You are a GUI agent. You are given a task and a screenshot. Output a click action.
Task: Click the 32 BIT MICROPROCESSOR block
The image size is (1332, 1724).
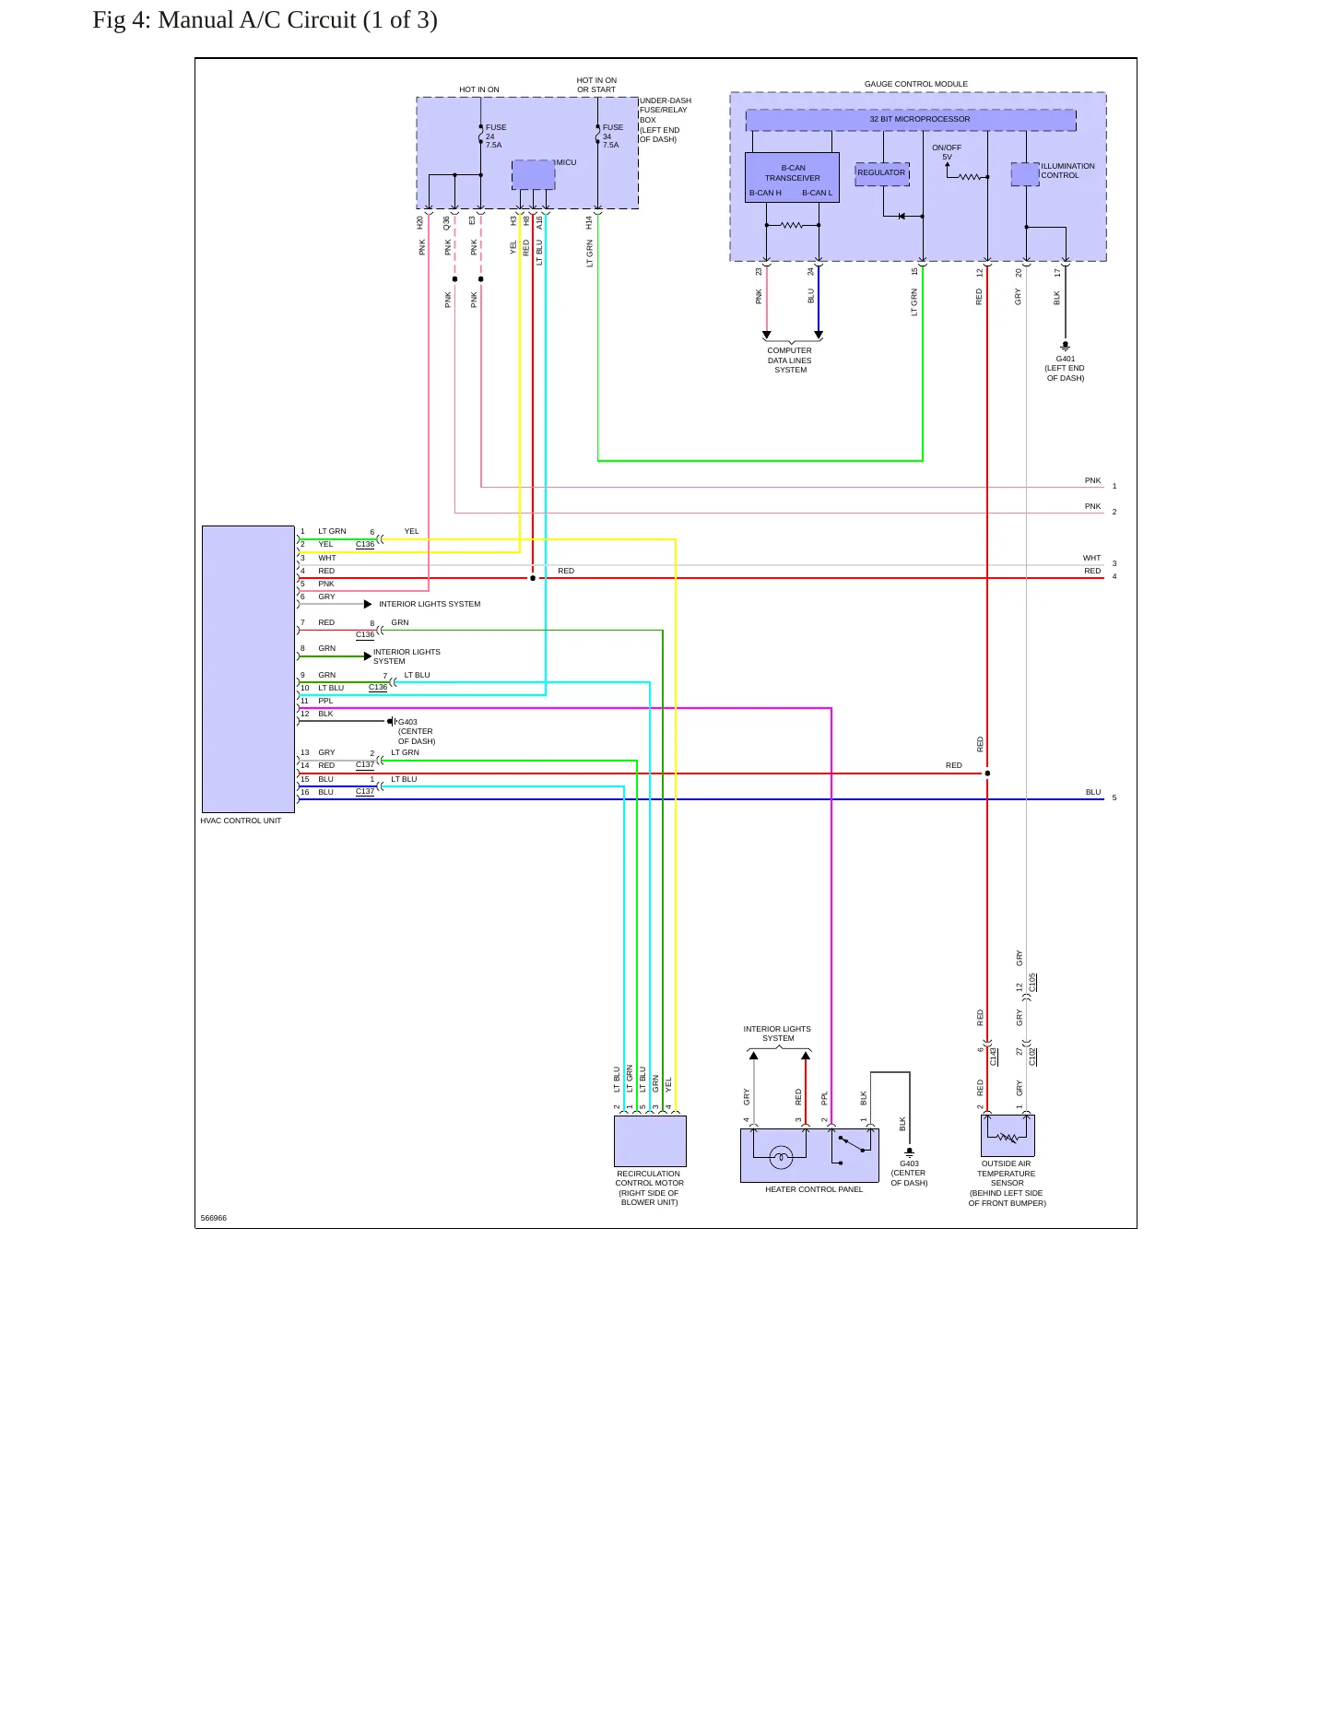tap(911, 120)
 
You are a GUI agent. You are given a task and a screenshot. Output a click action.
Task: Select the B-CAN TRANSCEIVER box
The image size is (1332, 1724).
tap(792, 177)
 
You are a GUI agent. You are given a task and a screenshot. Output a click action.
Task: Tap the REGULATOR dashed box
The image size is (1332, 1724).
tap(882, 173)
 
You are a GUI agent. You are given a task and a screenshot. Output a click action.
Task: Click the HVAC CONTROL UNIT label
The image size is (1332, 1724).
tap(241, 821)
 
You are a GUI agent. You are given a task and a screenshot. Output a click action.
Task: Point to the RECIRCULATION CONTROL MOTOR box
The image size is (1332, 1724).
tap(650, 1141)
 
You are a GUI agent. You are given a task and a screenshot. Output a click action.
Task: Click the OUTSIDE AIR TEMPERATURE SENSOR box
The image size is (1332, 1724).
tap(1008, 1136)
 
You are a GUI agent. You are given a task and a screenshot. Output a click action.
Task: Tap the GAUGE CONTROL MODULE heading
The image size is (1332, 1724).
tap(916, 84)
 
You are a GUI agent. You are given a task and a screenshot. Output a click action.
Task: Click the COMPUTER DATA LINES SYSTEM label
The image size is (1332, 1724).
tap(790, 360)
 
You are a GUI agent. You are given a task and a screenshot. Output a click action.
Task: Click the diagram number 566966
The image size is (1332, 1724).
tap(214, 1218)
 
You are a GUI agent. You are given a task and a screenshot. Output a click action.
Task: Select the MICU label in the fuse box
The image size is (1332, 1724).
tap(566, 163)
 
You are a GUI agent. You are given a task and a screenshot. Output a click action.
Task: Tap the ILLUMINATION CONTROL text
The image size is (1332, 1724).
tap(1067, 171)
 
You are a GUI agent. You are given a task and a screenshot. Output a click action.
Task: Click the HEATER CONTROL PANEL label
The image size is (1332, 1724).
tap(814, 1189)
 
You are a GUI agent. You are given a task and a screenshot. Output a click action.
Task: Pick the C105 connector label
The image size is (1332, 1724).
tap(1032, 983)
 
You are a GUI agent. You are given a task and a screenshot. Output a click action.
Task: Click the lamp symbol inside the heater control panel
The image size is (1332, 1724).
tap(781, 1157)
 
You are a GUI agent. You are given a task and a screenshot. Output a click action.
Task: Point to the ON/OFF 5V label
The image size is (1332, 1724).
tap(947, 152)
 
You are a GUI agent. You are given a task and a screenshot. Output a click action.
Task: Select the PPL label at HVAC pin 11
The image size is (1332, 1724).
tap(325, 702)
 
